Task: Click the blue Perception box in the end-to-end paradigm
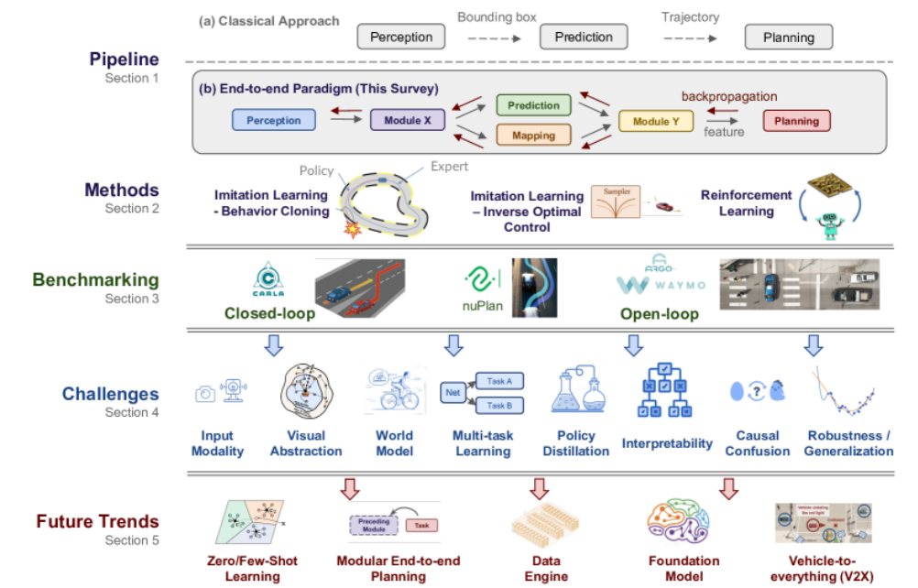pos(274,120)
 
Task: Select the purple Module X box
pos(401,120)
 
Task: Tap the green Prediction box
pos(533,104)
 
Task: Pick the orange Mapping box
pos(533,136)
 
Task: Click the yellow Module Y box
pos(656,120)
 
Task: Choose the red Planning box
pos(796,120)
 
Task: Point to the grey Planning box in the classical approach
pos(788,37)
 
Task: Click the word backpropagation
pos(729,95)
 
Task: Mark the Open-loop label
pos(658,314)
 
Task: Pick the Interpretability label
pos(667,443)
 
